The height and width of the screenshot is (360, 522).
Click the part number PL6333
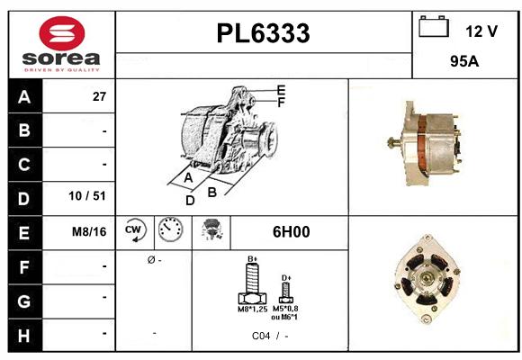263,33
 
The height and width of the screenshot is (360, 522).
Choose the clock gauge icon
169,231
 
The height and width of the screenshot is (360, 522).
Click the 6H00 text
291,232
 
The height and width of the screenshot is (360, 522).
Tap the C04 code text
262,335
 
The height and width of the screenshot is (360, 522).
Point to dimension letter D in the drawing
190,201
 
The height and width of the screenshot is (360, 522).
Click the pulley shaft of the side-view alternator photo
393,142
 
